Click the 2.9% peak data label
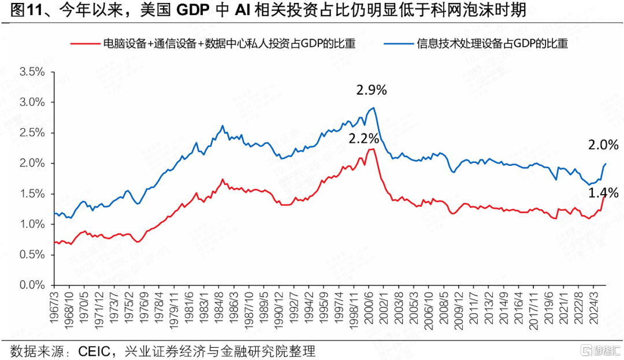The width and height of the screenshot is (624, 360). [x=372, y=90]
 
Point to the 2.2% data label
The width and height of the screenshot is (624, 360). [x=363, y=139]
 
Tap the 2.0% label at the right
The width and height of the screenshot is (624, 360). [x=604, y=145]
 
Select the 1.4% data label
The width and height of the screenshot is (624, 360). [x=604, y=192]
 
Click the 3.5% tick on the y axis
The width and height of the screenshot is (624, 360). [x=32, y=72]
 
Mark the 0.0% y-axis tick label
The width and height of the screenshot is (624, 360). [x=32, y=285]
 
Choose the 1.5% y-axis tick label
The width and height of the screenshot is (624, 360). [x=32, y=194]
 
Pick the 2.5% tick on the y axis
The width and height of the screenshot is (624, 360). [x=32, y=133]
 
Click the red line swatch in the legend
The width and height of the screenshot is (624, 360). [x=84, y=43]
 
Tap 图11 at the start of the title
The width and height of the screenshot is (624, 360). [x=23, y=10]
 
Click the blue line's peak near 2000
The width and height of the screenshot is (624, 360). [x=374, y=107]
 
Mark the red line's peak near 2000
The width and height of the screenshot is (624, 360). [x=373, y=149]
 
